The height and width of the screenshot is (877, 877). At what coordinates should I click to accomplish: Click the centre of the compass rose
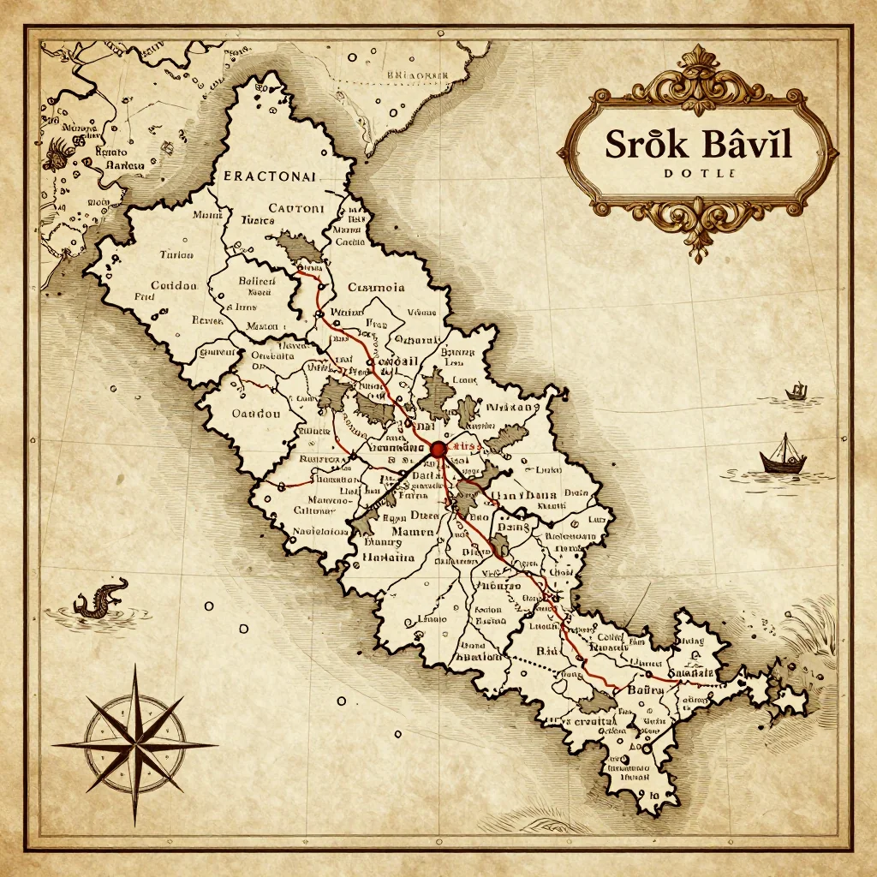(x=134, y=744)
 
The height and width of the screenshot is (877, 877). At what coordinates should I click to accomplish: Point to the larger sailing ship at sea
(x=782, y=456)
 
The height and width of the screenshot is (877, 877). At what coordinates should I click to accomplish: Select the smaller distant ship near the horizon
(x=797, y=392)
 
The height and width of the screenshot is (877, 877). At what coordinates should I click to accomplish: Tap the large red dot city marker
(x=438, y=448)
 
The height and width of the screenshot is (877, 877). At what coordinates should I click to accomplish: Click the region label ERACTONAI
(x=270, y=176)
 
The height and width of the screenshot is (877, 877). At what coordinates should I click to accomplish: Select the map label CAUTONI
(x=295, y=207)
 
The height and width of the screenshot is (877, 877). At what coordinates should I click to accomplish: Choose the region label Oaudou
(x=257, y=413)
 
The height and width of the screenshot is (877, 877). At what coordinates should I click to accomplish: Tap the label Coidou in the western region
(x=175, y=286)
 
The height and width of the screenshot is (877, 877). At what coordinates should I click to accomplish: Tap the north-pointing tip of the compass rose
(x=134, y=669)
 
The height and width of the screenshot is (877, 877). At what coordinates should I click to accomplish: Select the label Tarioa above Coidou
(x=176, y=254)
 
